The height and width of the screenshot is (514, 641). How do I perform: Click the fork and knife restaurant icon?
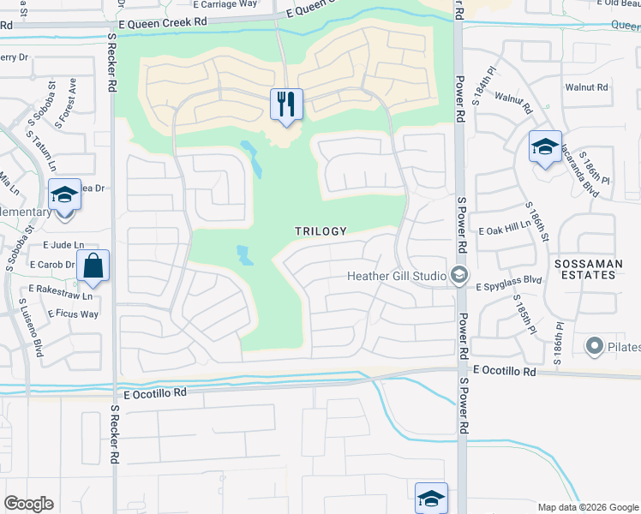(x=286, y=105)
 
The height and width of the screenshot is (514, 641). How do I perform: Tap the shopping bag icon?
(x=93, y=266)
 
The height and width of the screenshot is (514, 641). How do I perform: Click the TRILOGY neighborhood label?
(x=320, y=231)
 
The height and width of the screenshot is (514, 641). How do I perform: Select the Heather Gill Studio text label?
(x=396, y=276)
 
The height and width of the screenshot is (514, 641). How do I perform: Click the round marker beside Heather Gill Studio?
(x=458, y=275)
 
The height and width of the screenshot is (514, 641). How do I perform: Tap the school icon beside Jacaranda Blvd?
(x=544, y=147)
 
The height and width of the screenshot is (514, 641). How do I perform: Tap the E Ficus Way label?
(x=73, y=314)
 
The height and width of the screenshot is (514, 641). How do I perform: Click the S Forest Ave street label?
(x=65, y=103)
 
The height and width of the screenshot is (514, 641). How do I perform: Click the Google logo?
(x=28, y=504)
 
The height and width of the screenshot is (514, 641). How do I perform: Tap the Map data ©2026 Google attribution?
(x=587, y=507)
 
